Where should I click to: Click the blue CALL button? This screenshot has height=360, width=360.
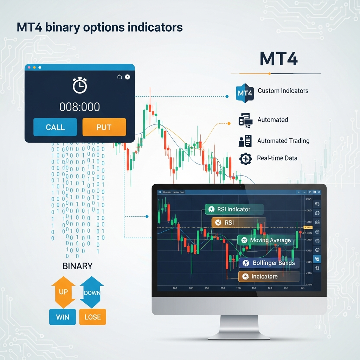pyautogui.click(x=55, y=127)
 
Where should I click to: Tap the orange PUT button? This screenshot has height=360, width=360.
pyautogui.click(x=104, y=127)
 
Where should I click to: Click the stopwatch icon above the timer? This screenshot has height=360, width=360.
pyautogui.click(x=80, y=85)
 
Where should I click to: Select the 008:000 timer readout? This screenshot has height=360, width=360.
pyautogui.click(x=79, y=107)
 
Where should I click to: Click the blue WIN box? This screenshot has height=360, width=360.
pyautogui.click(x=63, y=317)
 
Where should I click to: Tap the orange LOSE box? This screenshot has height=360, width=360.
pyautogui.click(x=92, y=317)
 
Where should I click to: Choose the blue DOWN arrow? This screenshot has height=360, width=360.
pyautogui.click(x=92, y=292)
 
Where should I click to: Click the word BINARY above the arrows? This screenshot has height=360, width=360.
pyautogui.click(x=77, y=266)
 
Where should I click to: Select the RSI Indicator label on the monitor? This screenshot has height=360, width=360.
pyautogui.click(x=234, y=209)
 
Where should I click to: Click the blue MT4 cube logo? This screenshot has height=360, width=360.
pyautogui.click(x=245, y=94)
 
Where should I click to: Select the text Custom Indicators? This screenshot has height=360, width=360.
pyautogui.click(x=283, y=91)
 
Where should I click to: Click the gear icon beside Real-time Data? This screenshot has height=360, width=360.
pyautogui.click(x=245, y=159)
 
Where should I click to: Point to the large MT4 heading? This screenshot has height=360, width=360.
pyautogui.click(x=278, y=59)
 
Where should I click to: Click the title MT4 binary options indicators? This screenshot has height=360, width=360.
pyautogui.click(x=100, y=27)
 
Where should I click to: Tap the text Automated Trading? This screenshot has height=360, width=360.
pyautogui.click(x=283, y=141)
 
